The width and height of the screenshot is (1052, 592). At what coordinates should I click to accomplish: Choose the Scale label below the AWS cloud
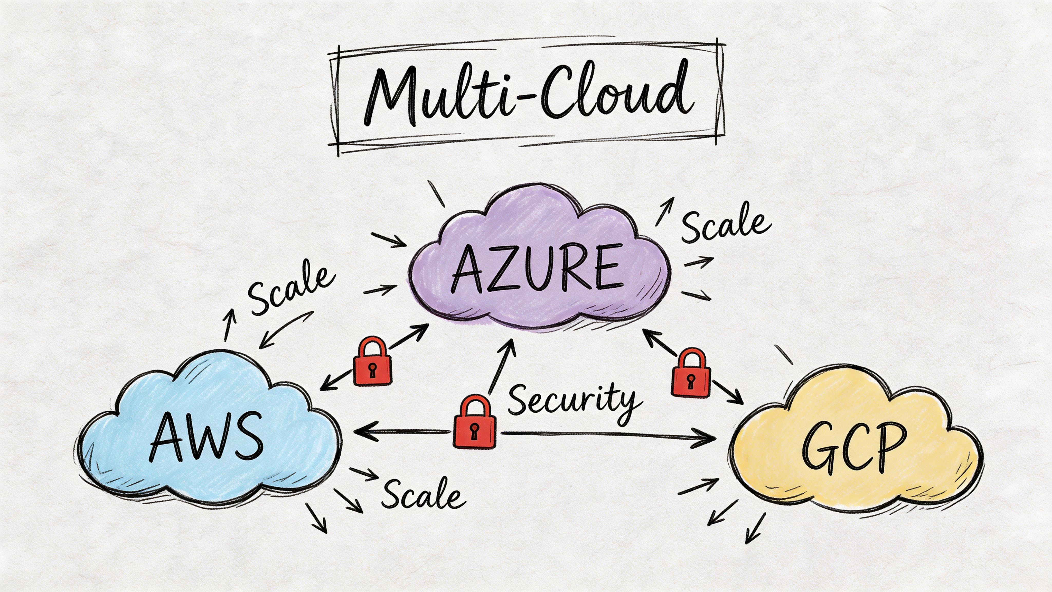423,494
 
